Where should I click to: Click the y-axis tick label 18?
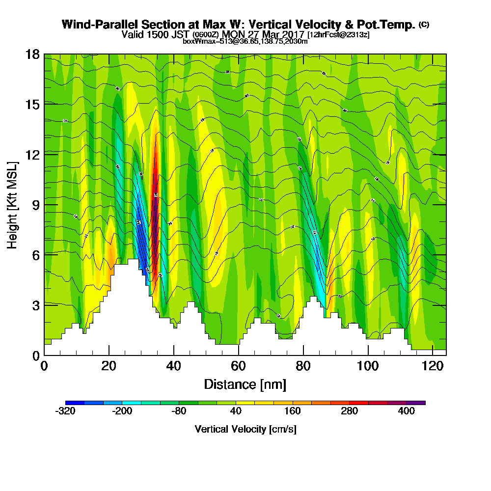click(32, 54)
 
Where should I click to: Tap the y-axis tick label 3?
click(36, 305)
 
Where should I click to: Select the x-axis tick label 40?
click(173, 366)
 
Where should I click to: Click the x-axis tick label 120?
click(432, 366)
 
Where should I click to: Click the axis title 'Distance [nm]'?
click(245, 384)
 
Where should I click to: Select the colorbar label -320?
click(65, 411)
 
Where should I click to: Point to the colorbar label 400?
click(407, 411)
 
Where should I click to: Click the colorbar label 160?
click(293, 411)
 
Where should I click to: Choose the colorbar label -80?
click(179, 411)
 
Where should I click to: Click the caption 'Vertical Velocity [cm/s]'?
click(245, 429)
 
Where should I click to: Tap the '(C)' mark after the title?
click(424, 24)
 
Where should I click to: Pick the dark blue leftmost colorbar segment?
click(75, 403)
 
